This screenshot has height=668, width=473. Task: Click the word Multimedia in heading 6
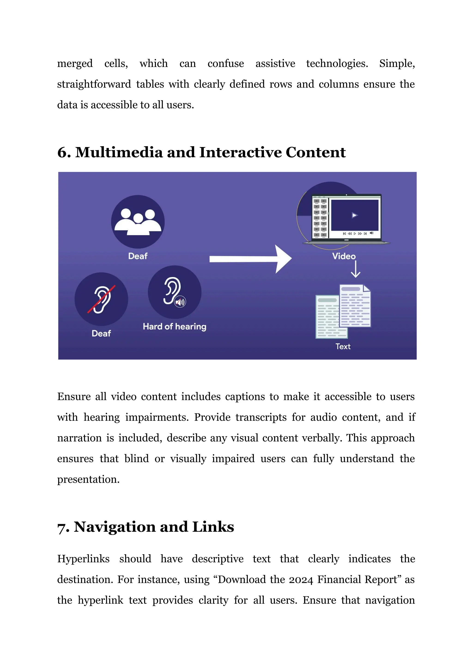119,153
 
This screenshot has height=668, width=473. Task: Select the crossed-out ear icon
101,299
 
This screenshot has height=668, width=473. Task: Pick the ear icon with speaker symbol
174,292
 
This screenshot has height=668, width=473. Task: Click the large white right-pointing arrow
251,259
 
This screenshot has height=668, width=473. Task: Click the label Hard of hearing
174,327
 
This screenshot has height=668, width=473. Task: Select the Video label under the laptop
344,256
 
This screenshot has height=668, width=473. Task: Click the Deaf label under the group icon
138,256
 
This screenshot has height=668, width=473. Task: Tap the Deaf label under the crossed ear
101,333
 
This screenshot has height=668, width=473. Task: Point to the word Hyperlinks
83,559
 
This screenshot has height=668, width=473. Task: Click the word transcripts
261,417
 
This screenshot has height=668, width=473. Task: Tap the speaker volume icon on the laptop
371,233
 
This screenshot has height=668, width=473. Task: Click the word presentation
88,480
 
